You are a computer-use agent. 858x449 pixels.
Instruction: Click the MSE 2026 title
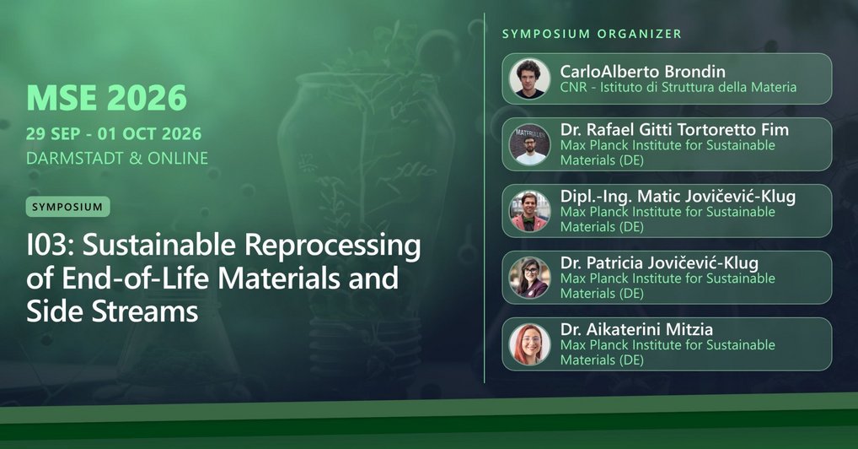pyautogui.click(x=106, y=99)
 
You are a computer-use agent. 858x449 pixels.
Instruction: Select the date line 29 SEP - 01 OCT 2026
pyautogui.click(x=113, y=135)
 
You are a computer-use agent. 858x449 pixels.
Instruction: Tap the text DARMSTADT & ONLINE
pyautogui.click(x=116, y=158)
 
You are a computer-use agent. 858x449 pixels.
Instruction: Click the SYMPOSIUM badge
pyautogui.click(x=67, y=206)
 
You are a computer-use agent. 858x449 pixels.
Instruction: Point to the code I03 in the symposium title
pyautogui.click(x=49, y=246)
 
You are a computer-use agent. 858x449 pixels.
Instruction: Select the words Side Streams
pyautogui.click(x=111, y=311)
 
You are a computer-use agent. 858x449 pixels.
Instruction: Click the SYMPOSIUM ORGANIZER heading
pyautogui.click(x=592, y=34)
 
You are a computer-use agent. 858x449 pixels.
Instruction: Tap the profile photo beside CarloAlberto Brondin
pyautogui.click(x=530, y=78)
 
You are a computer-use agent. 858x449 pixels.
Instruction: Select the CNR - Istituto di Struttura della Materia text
pyautogui.click(x=678, y=87)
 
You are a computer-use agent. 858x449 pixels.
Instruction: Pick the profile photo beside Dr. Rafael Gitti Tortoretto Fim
pyautogui.click(x=530, y=144)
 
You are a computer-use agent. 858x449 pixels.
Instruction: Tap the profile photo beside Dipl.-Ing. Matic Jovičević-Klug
pyautogui.click(x=530, y=211)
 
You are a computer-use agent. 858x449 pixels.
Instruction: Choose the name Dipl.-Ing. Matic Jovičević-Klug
pyautogui.click(x=678, y=197)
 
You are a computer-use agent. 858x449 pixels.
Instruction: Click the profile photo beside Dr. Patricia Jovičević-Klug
pyautogui.click(x=530, y=277)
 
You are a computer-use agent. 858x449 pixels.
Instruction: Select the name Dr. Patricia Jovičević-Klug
pyautogui.click(x=662, y=263)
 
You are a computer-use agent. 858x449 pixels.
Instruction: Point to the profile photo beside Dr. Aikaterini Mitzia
pyautogui.click(x=530, y=344)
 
